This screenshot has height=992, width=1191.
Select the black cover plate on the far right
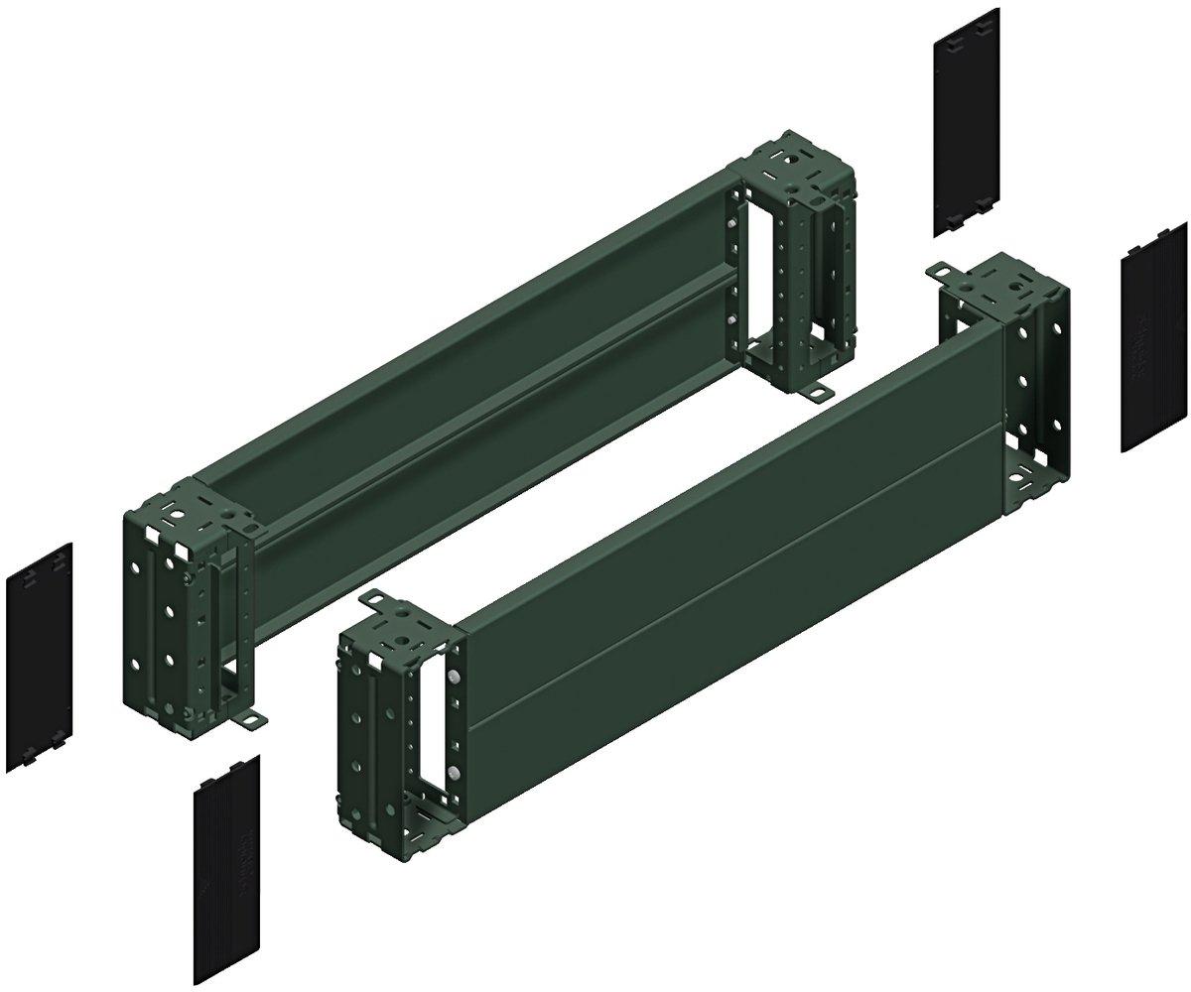tap(1152, 337)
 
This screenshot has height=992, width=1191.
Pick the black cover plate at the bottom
tap(226, 843)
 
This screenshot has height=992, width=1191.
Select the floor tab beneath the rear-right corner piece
tap(817, 394)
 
